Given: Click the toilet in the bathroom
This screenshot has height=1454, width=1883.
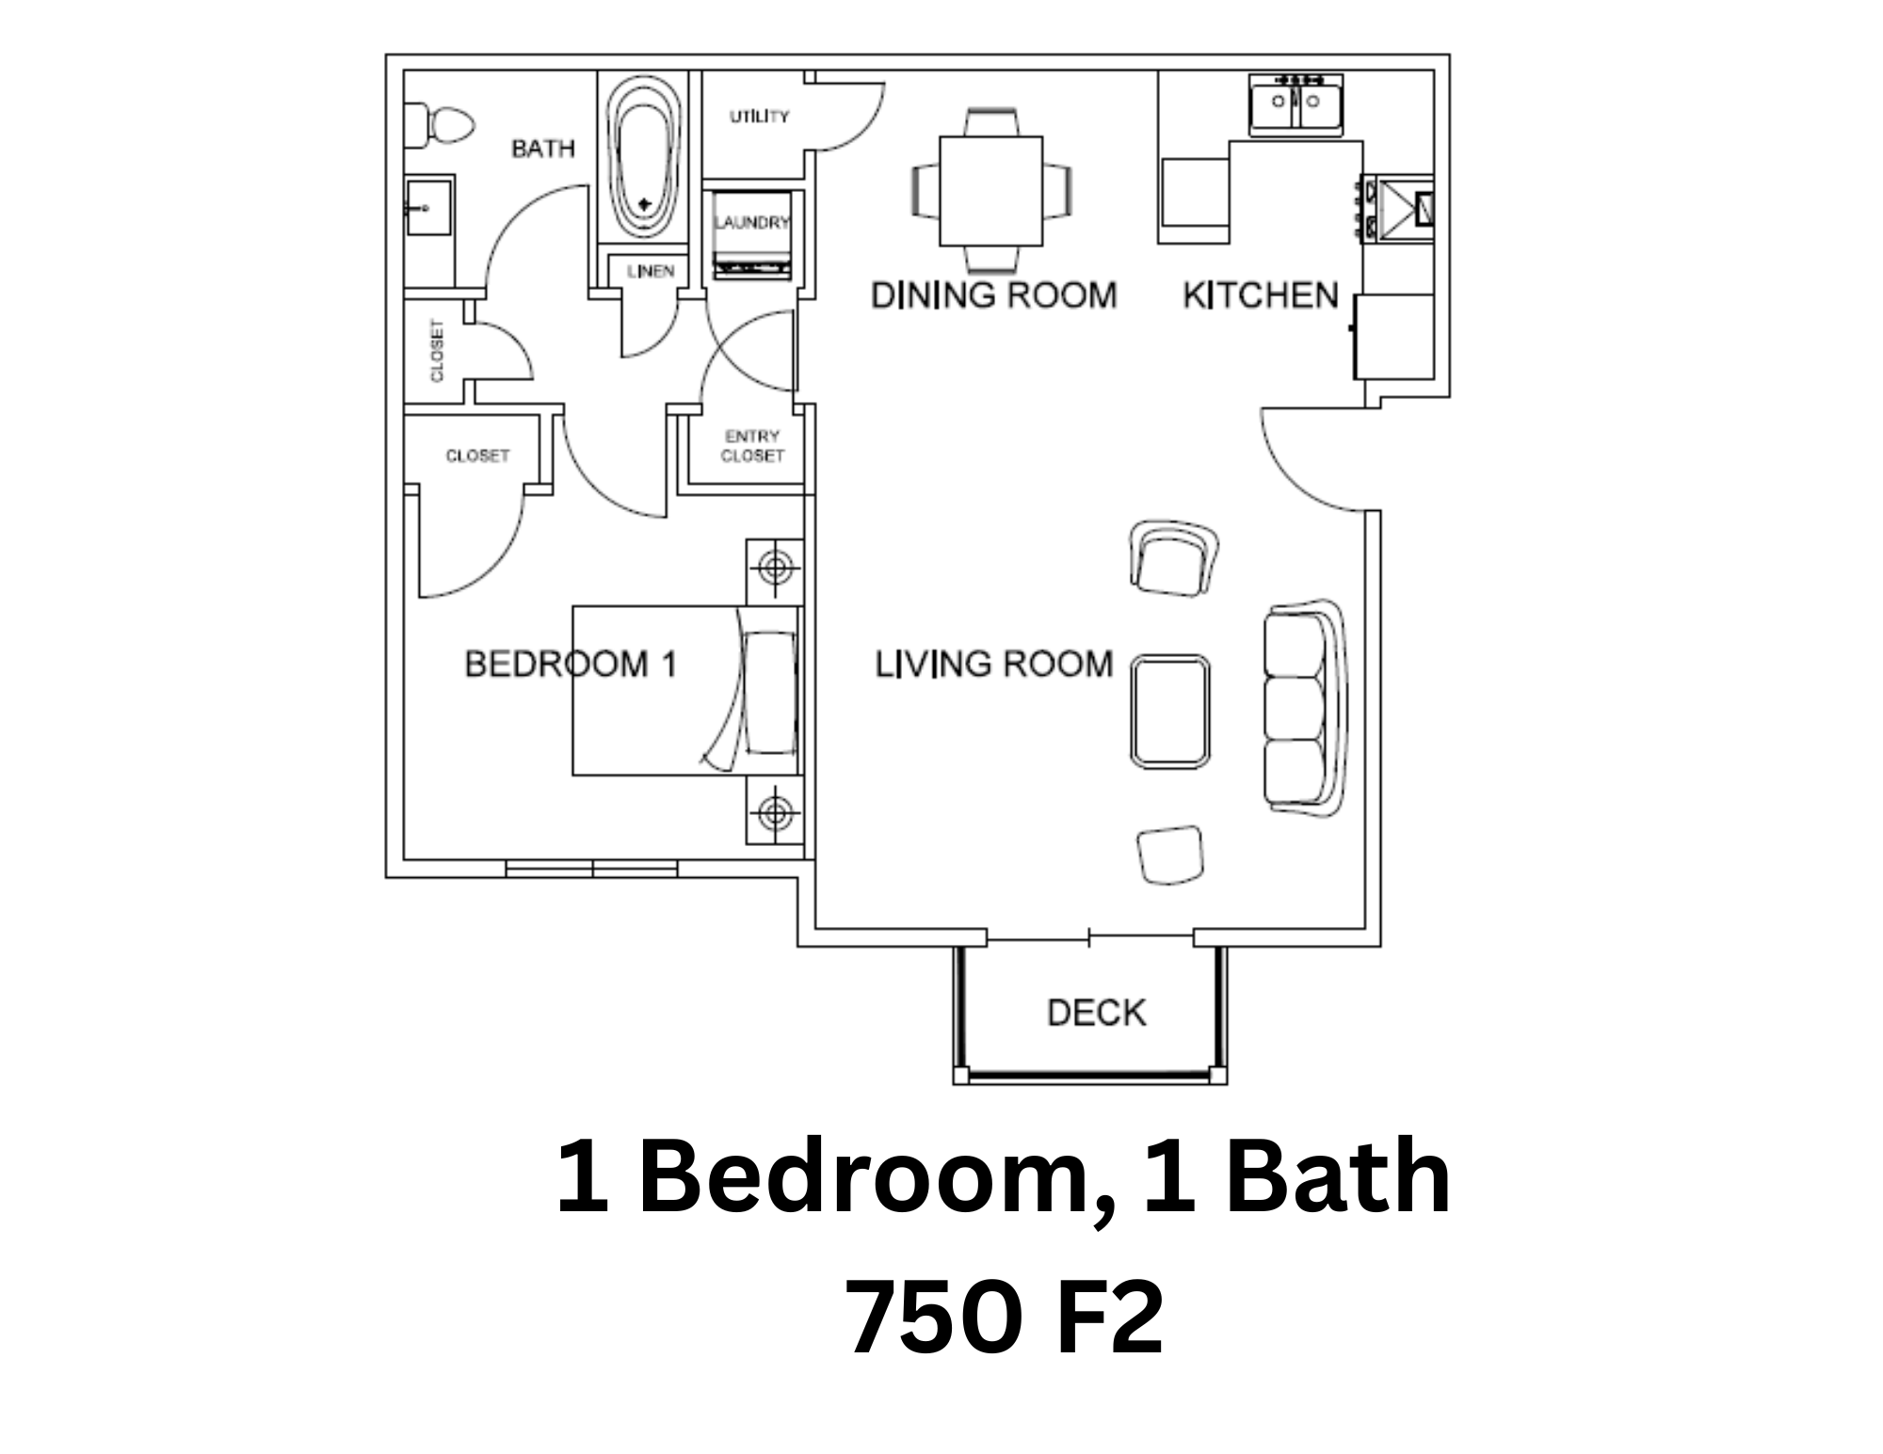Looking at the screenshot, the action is (x=439, y=125).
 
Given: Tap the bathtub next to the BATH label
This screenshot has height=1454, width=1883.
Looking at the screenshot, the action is (x=645, y=155).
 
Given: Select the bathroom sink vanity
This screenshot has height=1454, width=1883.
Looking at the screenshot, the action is (x=428, y=208).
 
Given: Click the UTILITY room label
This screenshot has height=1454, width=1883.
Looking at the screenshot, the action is (x=759, y=117).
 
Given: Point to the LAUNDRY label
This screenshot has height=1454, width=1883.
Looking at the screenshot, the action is (x=751, y=222).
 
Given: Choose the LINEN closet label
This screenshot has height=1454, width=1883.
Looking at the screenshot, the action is (x=651, y=271).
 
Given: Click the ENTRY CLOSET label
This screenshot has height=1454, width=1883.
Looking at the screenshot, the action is (x=752, y=446).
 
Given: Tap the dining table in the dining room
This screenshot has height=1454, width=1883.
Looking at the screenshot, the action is (x=991, y=191).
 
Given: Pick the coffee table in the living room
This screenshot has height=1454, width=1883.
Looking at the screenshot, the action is (x=1170, y=711).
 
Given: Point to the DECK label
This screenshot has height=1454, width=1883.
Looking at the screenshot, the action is (x=1097, y=1013).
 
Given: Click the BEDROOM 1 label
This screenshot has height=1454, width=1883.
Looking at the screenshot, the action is (x=571, y=664).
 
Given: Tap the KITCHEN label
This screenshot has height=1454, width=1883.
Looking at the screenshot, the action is (x=1261, y=296).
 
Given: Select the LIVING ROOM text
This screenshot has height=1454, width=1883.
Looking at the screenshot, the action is (x=994, y=664).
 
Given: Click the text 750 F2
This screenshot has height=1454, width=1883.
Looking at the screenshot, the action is (x=1004, y=1318).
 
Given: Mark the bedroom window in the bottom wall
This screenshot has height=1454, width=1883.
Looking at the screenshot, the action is (x=591, y=869).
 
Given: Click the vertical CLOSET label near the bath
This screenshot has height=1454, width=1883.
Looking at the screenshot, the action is (x=437, y=351).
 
